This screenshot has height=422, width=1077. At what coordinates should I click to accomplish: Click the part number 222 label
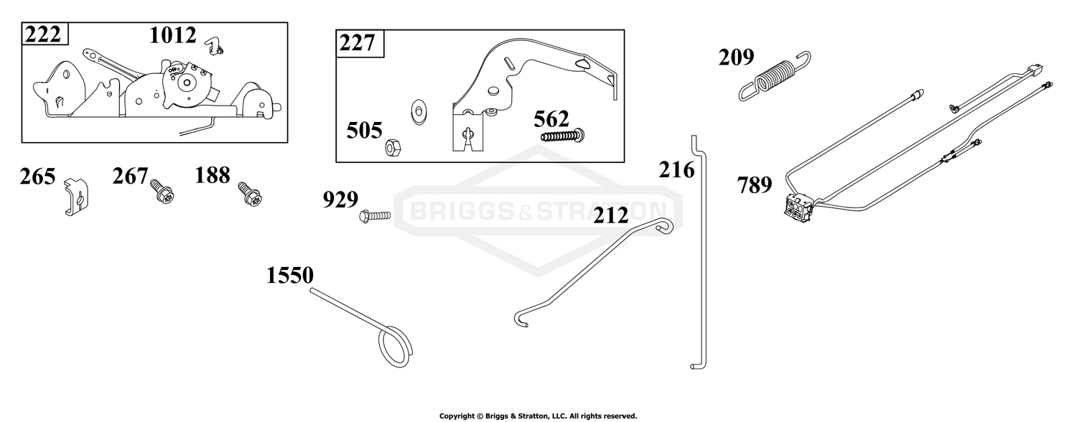pyautogui.click(x=43, y=35)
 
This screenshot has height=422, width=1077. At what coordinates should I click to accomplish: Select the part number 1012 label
pyautogui.click(x=172, y=36)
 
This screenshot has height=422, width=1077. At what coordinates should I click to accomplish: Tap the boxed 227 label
pyautogui.click(x=357, y=43)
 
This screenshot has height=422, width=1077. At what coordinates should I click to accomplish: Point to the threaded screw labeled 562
pyautogui.click(x=562, y=136)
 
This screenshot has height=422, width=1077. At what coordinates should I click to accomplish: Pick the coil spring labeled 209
pyautogui.click(x=774, y=75)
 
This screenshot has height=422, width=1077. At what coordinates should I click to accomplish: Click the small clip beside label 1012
pyautogui.click(x=214, y=46)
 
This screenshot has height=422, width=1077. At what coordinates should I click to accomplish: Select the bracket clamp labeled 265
pyautogui.click(x=77, y=196)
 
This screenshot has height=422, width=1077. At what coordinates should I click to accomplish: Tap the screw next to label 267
pyautogui.click(x=162, y=190)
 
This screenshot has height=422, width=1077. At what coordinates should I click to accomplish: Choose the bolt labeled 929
pyautogui.click(x=375, y=216)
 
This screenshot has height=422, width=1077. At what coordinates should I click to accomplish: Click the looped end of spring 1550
pyautogui.click(x=395, y=347)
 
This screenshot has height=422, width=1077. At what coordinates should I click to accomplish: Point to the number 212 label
pyautogui.click(x=610, y=216)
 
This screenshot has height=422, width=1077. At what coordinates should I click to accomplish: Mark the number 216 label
pyautogui.click(x=676, y=170)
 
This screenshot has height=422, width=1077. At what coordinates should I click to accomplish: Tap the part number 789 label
pyautogui.click(x=755, y=185)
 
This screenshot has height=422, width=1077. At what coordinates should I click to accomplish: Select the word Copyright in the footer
pyautogui.click(x=456, y=416)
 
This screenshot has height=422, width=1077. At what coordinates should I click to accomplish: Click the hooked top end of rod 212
pyautogui.click(x=665, y=225)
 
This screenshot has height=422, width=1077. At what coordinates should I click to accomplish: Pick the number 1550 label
pyautogui.click(x=290, y=276)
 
